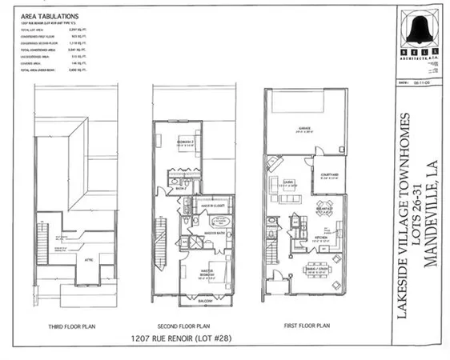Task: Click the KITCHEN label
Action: coord(320,238)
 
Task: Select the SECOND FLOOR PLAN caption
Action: coord(193,327)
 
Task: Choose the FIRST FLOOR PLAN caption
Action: coord(307,327)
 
